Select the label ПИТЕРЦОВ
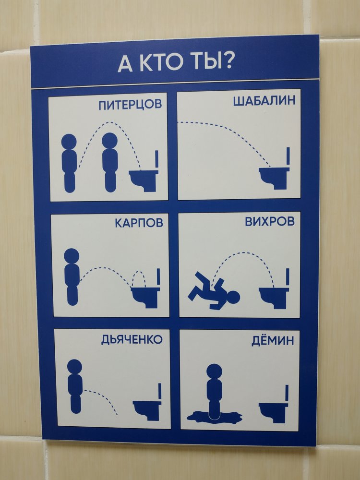(x=130, y=105)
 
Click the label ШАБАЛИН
(x=264, y=101)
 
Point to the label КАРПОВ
(x=139, y=223)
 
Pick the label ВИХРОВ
(x=270, y=221)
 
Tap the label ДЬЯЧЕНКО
(x=132, y=339)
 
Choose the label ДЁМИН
(x=273, y=340)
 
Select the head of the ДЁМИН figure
(x=214, y=372)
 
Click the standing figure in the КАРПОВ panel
(x=72, y=277)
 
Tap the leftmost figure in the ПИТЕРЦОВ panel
(x=69, y=163)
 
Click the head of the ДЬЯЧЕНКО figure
(x=75, y=367)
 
